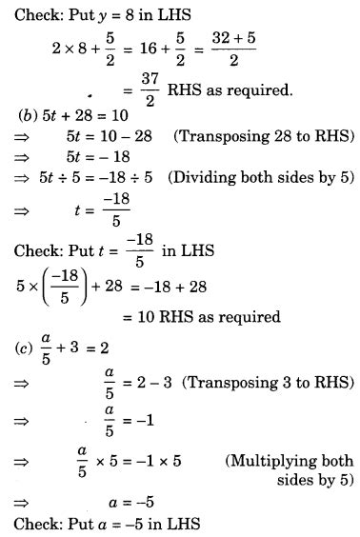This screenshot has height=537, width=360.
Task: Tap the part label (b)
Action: [x=28, y=115]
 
